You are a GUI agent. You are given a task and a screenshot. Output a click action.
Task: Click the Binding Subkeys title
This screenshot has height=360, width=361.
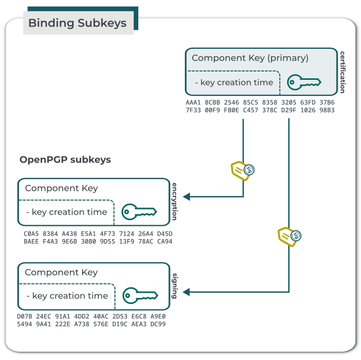(77, 23)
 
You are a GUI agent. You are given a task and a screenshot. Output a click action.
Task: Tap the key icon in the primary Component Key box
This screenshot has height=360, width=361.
(304, 83)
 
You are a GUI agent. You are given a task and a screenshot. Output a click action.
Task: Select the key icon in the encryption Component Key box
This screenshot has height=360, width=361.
(139, 211)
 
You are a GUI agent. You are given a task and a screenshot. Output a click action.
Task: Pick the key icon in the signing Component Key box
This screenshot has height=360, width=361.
(139, 295)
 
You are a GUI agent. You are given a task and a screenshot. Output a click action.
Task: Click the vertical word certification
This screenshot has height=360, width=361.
(343, 72)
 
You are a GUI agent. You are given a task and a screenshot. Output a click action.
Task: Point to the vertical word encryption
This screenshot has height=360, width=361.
(174, 201)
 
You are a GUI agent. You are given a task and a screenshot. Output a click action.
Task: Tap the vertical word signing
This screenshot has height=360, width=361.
(174, 285)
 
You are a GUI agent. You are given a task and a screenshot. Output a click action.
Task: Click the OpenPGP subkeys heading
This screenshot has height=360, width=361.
(66, 160)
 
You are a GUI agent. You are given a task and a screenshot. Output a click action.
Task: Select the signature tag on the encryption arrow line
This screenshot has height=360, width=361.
(243, 170)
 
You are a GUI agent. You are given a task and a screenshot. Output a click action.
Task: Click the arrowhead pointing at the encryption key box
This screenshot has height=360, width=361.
(187, 196)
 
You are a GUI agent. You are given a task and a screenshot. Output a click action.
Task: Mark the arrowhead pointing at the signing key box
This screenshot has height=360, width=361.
(187, 292)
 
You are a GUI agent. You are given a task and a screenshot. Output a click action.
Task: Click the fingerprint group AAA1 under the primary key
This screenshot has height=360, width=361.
(193, 103)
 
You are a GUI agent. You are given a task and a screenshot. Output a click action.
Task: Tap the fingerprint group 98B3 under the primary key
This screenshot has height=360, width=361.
(327, 110)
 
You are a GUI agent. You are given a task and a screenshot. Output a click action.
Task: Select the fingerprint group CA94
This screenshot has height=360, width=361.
(165, 241)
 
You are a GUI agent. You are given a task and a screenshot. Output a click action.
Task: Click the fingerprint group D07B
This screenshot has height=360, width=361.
(26, 317)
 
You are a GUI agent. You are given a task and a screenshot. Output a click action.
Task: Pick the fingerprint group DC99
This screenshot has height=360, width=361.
(158, 324)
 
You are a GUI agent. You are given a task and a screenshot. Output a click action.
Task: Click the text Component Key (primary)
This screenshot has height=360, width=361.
(250, 58)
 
